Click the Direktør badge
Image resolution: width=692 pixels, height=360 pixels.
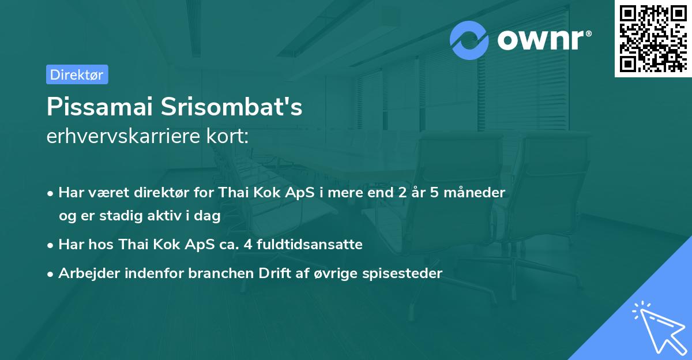77,74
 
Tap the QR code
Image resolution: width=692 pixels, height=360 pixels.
652,38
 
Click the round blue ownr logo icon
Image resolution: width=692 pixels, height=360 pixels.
469,40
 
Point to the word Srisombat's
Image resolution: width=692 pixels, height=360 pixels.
237,108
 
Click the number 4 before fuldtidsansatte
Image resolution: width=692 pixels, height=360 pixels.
248,245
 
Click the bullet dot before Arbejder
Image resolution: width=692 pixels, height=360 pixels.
51,274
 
